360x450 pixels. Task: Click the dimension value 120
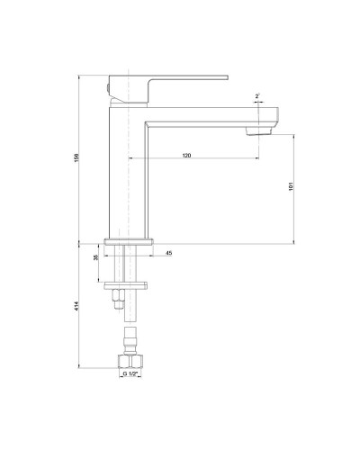(x=186, y=156)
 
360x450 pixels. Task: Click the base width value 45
(x=168, y=254)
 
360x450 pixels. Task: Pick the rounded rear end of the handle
(x=110, y=86)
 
